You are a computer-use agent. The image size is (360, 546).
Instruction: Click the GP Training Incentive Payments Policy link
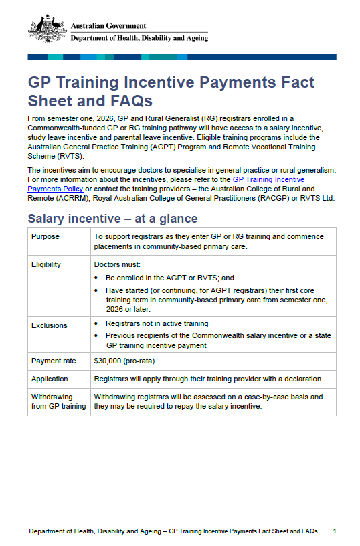268,179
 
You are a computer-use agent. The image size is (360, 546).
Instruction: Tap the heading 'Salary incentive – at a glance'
112,219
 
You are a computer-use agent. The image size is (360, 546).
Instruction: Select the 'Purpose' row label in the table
46,236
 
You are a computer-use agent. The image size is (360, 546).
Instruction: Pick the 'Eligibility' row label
46,264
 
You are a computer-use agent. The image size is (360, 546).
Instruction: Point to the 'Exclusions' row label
50,325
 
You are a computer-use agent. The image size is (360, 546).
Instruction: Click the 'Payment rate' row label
54,361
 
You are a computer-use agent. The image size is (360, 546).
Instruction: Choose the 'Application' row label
51,379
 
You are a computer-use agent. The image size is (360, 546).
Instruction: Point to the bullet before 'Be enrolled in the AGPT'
98,278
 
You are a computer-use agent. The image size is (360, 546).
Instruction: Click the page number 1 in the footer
334,531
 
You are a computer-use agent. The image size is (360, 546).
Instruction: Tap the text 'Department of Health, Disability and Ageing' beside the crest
139,38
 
